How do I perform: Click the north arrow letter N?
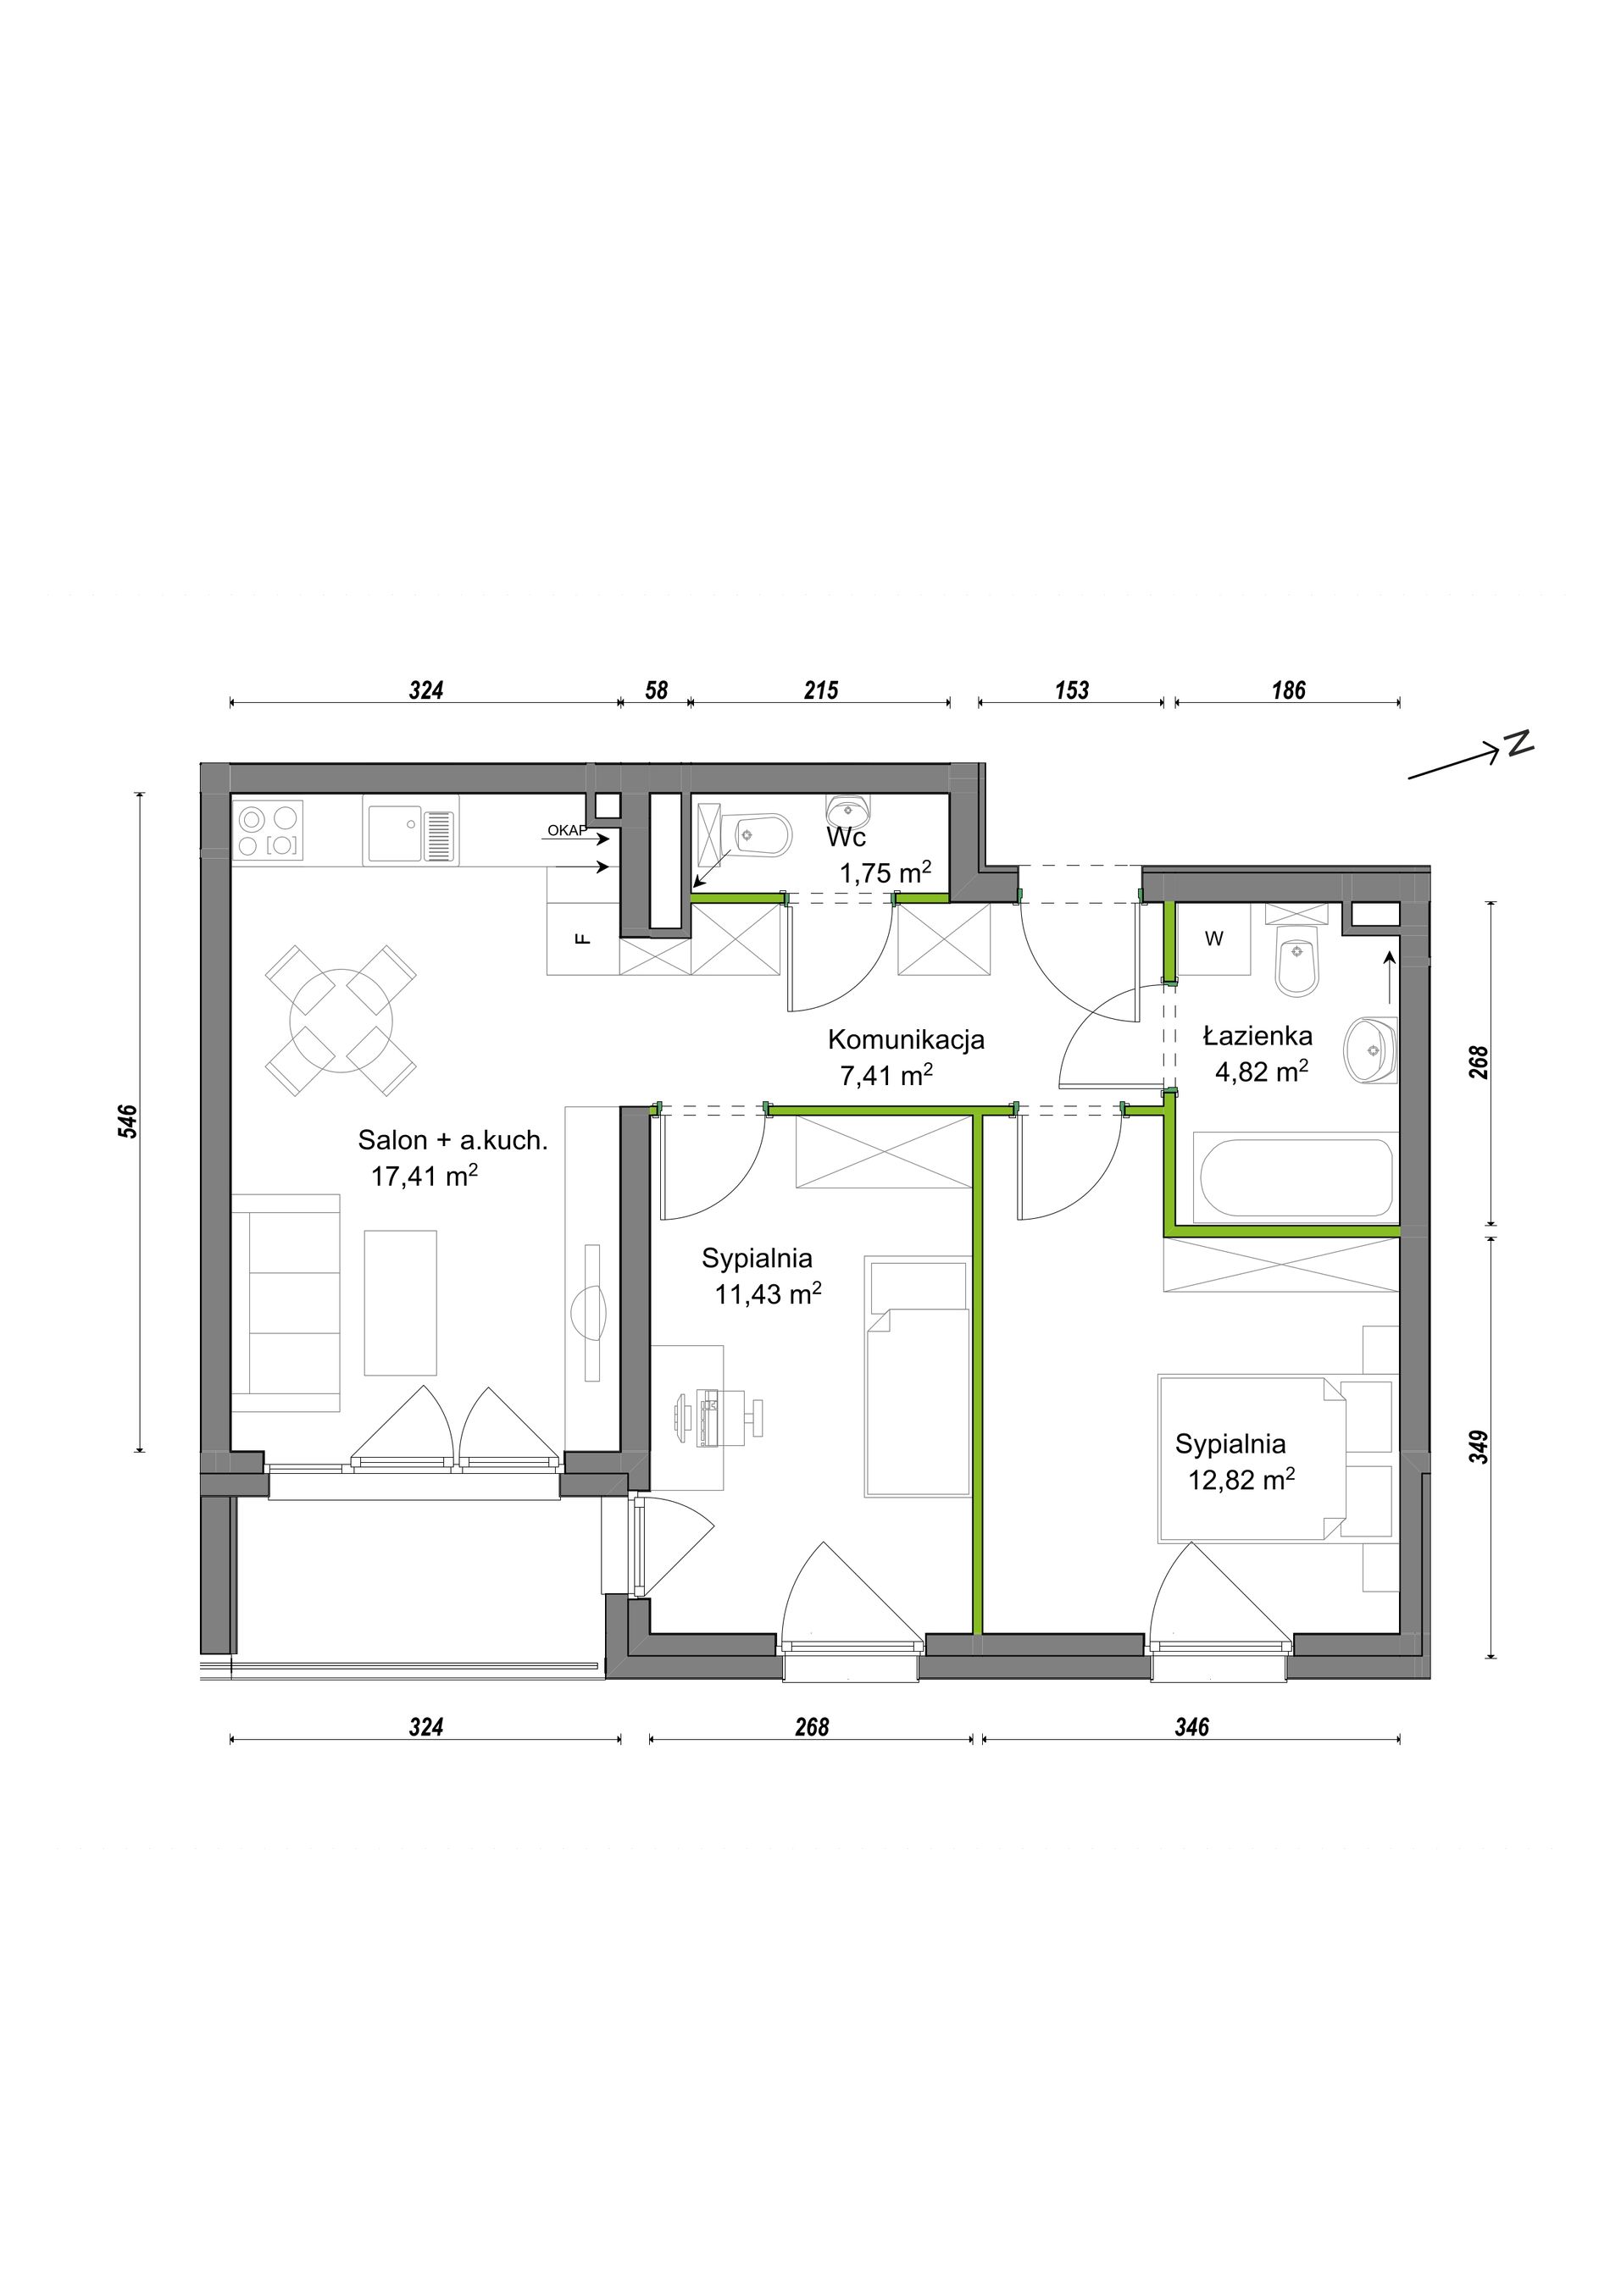coord(1518,743)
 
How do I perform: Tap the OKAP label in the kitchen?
coord(567,831)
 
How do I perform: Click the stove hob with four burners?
coord(269,830)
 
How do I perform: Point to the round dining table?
coord(340,1020)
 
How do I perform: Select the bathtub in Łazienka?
coord(1296,1178)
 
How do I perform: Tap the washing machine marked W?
coord(1214,939)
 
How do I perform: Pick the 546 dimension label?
coord(128,1121)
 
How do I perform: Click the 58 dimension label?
coord(657,690)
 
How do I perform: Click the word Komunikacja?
coord(906,1040)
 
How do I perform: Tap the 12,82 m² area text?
coord(1241,1480)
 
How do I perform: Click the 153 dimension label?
coord(1072,690)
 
